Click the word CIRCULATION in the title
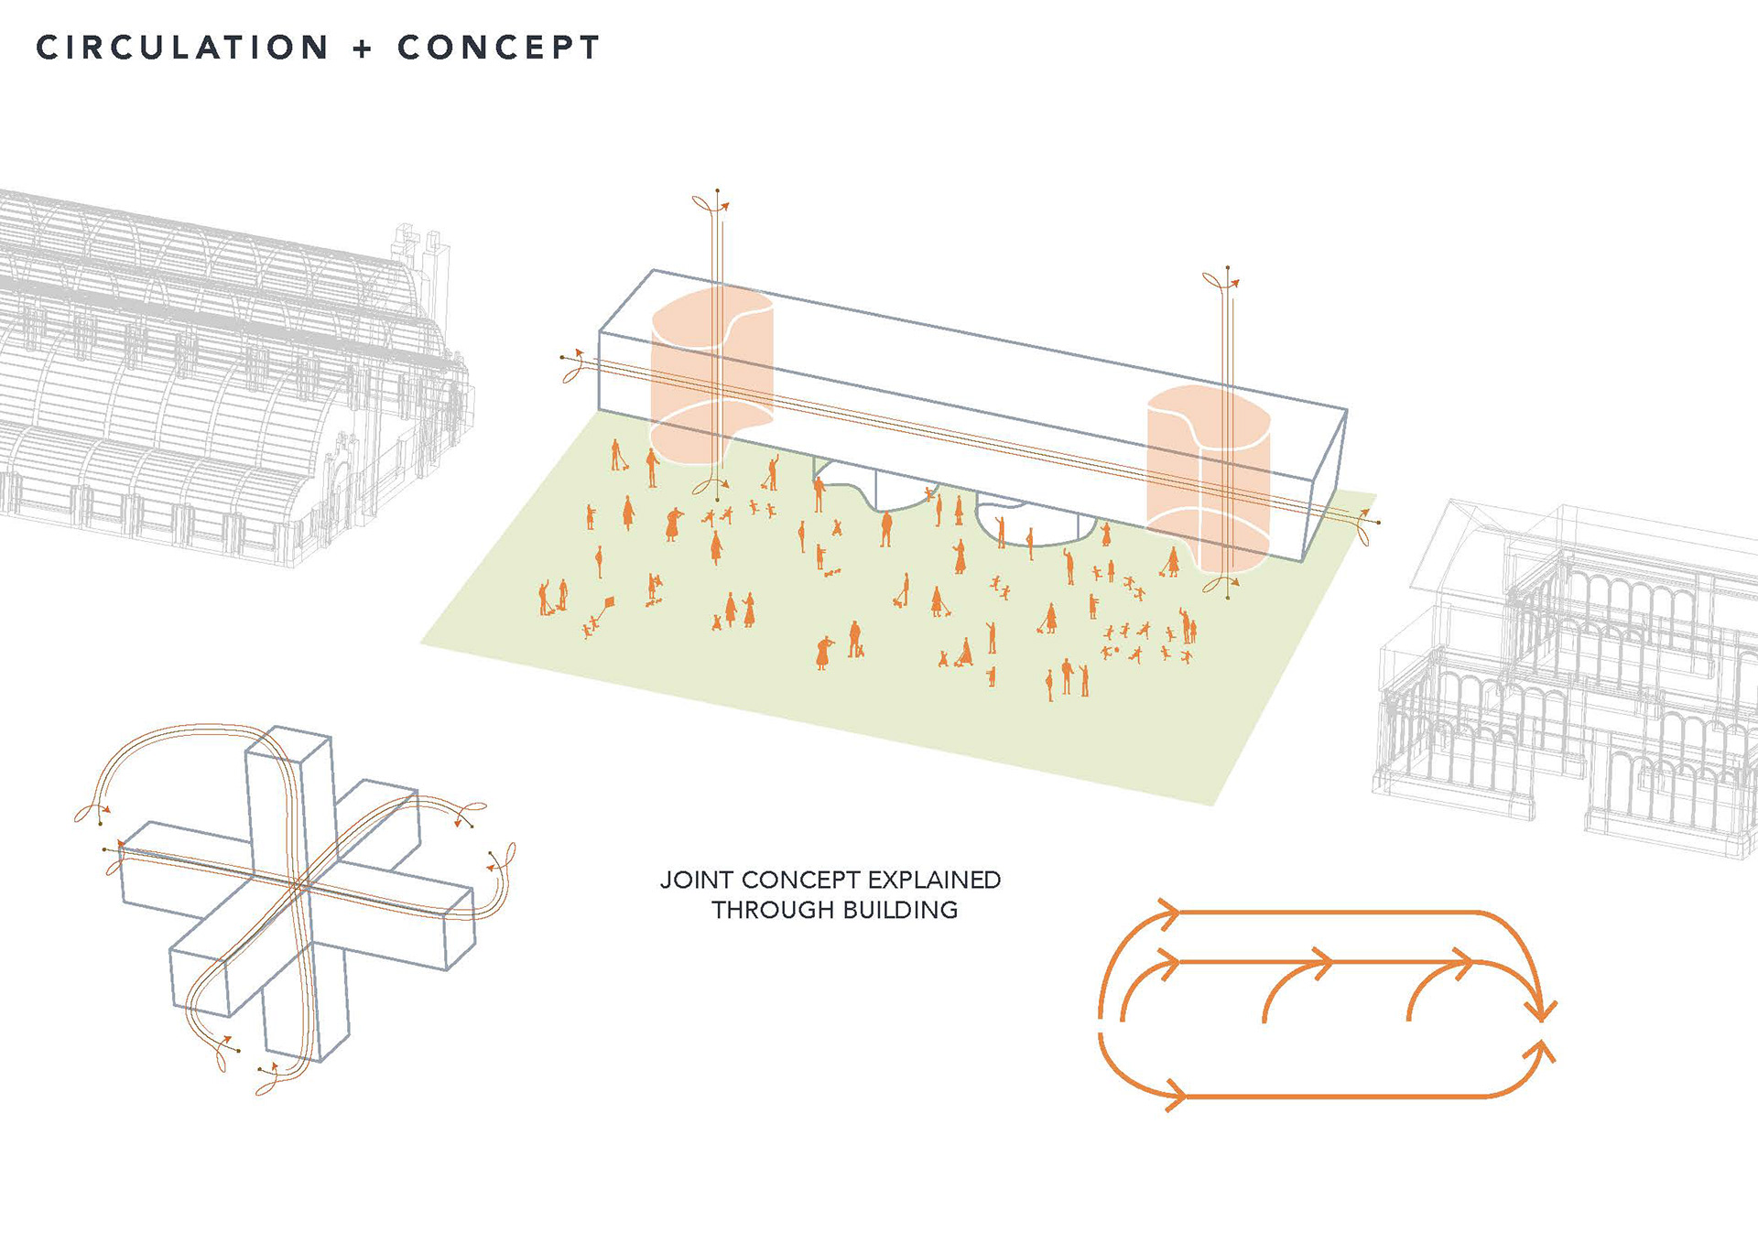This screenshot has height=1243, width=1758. [x=182, y=48]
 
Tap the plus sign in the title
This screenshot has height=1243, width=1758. [x=363, y=49]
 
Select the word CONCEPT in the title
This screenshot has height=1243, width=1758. [x=498, y=48]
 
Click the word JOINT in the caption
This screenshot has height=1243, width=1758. [x=697, y=881]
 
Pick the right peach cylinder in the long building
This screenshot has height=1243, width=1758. [x=1208, y=476]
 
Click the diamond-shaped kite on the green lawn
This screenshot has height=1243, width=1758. [x=608, y=602]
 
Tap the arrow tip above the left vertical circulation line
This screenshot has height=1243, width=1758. [x=724, y=206]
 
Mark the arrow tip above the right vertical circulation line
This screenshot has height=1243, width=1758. [x=1235, y=284]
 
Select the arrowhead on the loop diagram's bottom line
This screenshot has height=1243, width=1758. [x=1175, y=1094]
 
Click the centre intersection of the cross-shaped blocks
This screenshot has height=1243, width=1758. [x=302, y=885]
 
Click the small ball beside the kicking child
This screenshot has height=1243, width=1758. [x=1116, y=650]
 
